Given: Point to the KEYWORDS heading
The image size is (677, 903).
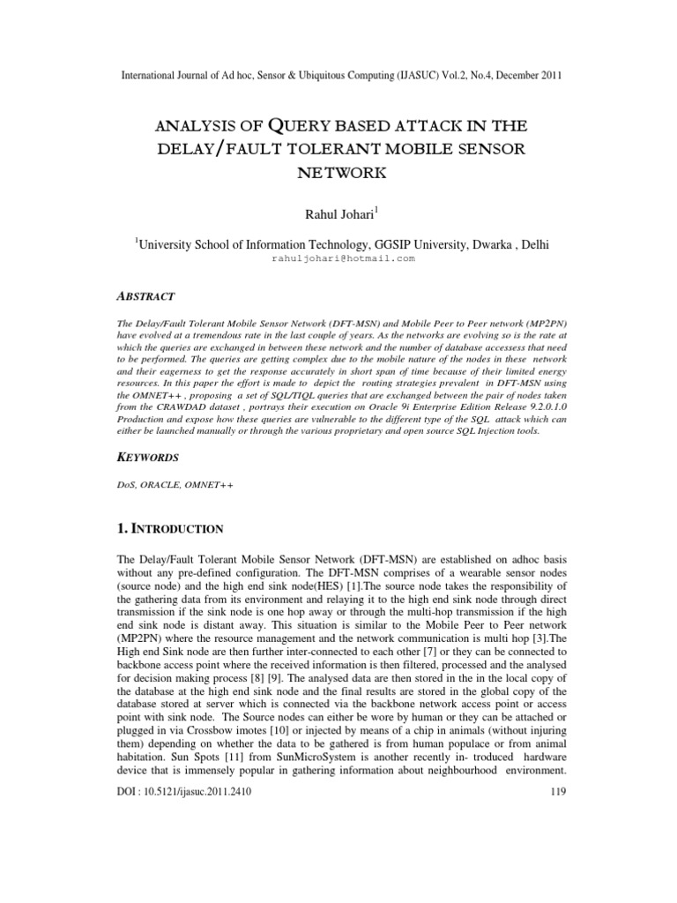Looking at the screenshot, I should click(x=148, y=458).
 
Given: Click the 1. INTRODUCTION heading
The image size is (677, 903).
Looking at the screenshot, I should click(x=172, y=528).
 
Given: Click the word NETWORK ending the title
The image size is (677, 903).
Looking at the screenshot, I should click(x=338, y=172).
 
